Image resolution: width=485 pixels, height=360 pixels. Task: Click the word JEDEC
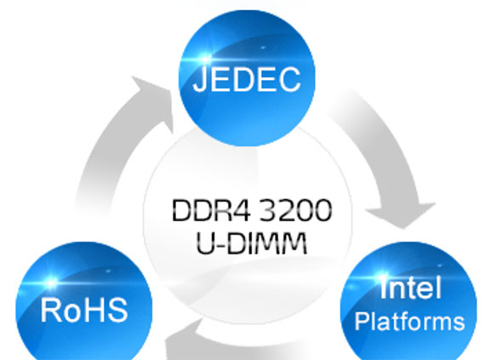tap(247, 79)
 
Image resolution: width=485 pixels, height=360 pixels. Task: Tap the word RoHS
tap(84, 310)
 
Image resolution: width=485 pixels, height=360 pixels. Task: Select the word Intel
tap(410, 288)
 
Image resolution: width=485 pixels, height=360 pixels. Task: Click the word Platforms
tap(410, 323)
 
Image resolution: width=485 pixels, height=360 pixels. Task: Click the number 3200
tap(295, 210)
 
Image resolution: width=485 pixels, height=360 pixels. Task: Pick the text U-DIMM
tap(252, 243)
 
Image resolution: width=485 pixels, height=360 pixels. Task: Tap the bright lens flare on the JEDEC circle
tap(205, 59)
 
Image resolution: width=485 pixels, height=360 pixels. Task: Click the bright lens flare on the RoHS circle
tap(51, 282)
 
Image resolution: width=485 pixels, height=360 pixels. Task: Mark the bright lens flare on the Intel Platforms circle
tap(383, 277)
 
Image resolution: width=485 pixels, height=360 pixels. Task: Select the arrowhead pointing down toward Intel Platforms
tap(401, 215)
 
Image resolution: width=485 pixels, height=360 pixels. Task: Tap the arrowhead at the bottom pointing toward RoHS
tap(182, 342)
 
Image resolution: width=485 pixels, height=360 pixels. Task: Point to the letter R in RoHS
tap(51, 309)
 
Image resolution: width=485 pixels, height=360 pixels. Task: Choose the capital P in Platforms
tap(362, 322)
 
